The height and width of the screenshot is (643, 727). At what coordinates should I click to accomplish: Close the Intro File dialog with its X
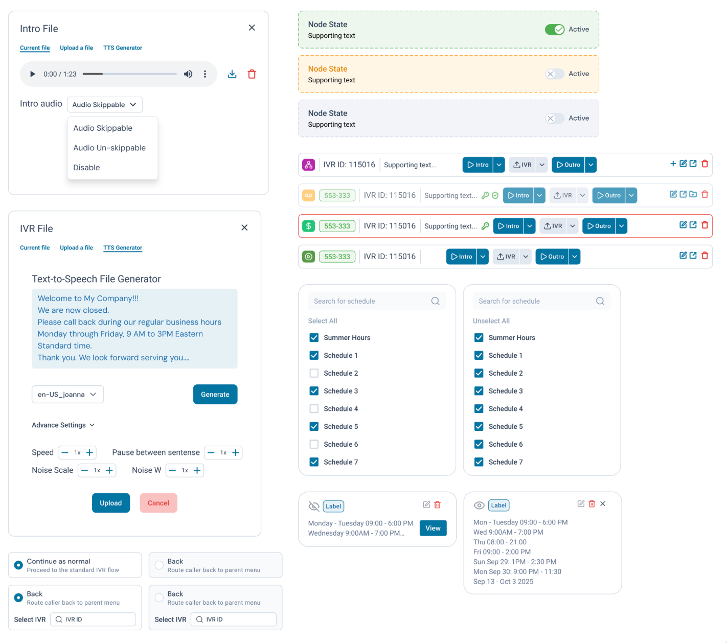click(252, 28)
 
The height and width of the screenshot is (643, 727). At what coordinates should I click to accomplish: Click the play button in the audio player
click(33, 74)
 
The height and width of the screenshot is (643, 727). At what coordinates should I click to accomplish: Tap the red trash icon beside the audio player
click(252, 74)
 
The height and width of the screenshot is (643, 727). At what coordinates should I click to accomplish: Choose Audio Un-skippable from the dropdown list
click(109, 148)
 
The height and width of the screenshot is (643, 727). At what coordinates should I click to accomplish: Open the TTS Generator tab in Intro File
click(123, 48)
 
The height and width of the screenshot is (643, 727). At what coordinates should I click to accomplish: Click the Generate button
click(215, 394)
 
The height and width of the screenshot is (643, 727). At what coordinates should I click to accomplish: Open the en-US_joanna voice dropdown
click(67, 394)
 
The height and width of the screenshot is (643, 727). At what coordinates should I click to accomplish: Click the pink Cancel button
click(158, 503)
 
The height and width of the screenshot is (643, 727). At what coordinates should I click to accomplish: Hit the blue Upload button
click(110, 503)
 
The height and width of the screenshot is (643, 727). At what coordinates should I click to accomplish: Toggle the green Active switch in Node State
click(555, 29)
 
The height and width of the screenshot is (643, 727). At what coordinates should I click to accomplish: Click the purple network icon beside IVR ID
click(308, 165)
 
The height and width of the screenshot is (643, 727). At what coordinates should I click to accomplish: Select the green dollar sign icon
click(308, 226)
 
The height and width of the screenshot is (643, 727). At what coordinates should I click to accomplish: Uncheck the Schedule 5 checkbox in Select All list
click(314, 426)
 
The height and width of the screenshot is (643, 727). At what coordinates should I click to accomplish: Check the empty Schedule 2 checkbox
click(314, 373)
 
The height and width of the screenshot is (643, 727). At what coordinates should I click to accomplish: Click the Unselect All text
click(491, 321)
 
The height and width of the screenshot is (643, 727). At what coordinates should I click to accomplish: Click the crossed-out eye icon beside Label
click(314, 506)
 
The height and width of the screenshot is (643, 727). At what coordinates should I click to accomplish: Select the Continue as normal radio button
click(18, 565)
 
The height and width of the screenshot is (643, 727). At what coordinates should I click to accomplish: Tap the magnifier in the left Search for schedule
click(435, 301)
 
